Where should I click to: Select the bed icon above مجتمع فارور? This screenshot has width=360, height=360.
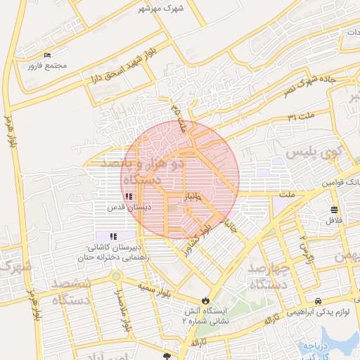47,55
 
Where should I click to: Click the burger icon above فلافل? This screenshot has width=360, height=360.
333,210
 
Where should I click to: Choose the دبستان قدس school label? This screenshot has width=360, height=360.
130,209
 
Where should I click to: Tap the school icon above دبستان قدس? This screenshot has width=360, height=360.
128,198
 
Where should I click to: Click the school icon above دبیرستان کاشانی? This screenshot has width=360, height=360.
112,236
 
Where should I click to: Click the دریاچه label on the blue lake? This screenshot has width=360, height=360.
312,347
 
